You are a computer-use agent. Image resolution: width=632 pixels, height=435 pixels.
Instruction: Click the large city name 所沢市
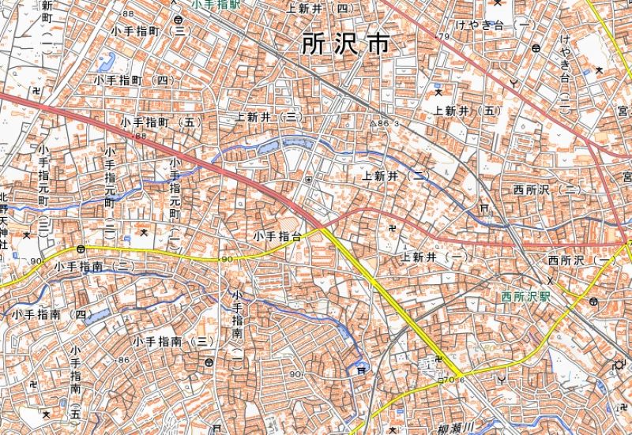[345, 44]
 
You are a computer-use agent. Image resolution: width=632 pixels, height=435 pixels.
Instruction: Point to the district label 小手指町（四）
[134, 81]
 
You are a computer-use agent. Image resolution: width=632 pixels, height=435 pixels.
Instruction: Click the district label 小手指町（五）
[162, 123]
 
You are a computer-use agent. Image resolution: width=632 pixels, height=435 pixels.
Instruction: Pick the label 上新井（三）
[270, 117]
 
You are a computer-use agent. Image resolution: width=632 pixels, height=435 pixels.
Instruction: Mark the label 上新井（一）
[434, 257]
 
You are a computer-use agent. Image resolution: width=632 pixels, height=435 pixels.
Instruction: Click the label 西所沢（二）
[546, 190]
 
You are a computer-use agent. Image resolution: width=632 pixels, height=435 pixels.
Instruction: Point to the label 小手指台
[277, 236]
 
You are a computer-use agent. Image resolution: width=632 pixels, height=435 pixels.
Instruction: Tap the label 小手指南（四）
[49, 314]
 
